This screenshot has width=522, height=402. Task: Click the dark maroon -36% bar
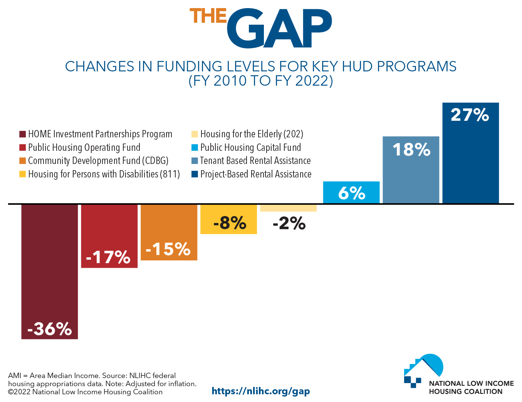[50, 270]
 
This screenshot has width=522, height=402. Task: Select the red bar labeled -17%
[109, 235]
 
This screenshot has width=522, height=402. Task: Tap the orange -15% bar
[169, 231]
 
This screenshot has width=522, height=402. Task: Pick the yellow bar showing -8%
[228, 219]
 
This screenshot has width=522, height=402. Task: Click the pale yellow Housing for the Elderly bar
[288, 208]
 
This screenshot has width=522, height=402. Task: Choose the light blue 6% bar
[351, 192]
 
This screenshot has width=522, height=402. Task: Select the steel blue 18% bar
[411, 170]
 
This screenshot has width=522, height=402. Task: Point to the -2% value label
[289, 223]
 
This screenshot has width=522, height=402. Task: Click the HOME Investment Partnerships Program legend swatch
[22, 134]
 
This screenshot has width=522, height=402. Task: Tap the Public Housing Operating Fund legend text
[84, 147]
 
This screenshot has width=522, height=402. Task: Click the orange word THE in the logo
[208, 16]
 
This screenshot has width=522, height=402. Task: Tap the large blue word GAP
[279, 29]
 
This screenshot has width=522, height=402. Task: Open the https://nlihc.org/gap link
[261, 391]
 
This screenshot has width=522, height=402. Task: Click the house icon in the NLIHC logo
[423, 370]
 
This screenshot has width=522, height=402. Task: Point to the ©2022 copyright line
[85, 392]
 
